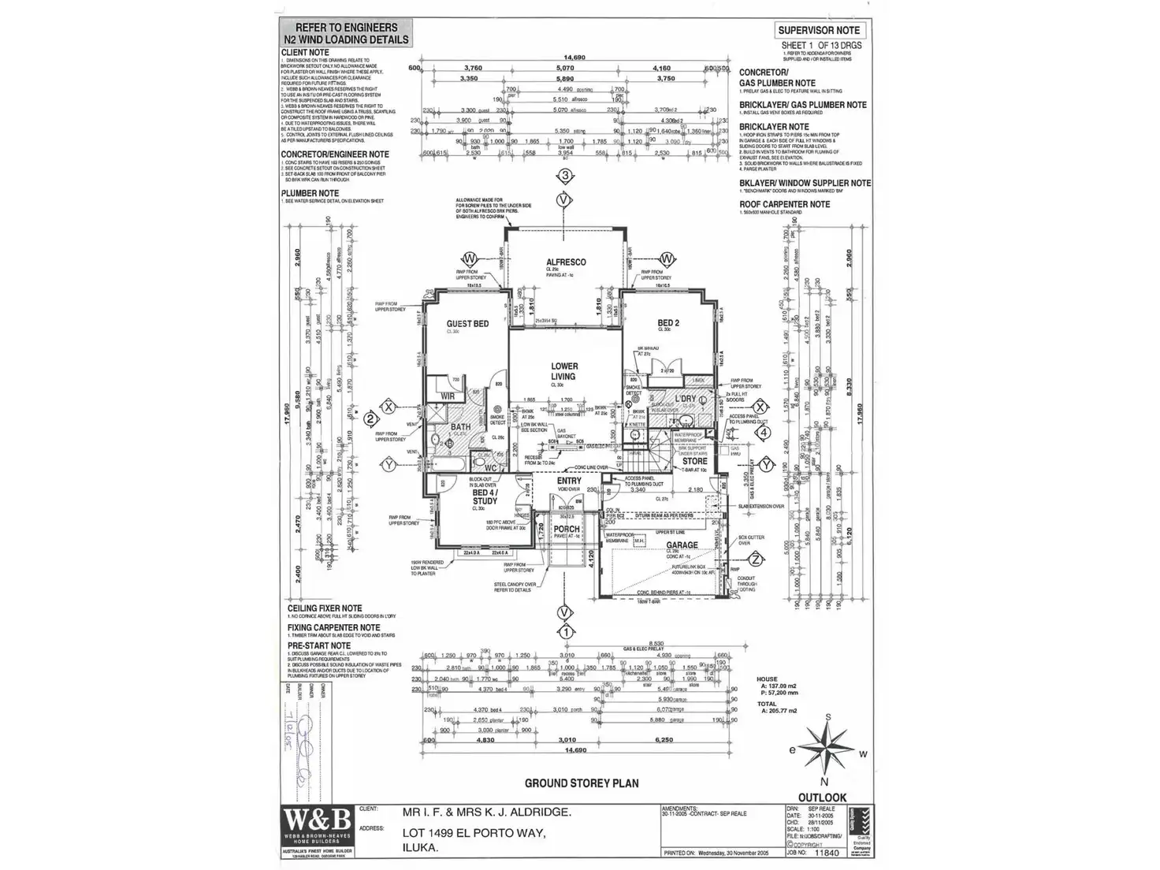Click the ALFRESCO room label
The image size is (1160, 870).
pyautogui.click(x=566, y=262)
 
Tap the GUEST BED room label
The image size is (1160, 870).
pyautogui.click(x=468, y=324)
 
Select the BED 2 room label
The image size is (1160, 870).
pyautogui.click(x=668, y=323)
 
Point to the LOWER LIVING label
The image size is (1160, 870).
pyautogui.click(x=564, y=371)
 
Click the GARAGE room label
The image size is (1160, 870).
pyautogui.click(x=682, y=545)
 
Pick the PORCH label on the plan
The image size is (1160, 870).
pyautogui.click(x=567, y=530)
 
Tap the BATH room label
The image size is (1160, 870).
pyautogui.click(x=460, y=428)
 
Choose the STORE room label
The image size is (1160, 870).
pyautogui.click(x=694, y=462)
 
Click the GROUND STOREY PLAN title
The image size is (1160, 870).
pyautogui.click(x=582, y=783)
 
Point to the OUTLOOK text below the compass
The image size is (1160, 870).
pyautogui.click(x=823, y=797)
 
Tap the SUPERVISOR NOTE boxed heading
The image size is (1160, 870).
pyautogui.click(x=820, y=31)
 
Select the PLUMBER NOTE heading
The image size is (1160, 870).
pyautogui.click(x=310, y=193)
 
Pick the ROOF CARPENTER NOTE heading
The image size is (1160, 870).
pyautogui.click(x=784, y=204)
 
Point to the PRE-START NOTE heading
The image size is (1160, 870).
pyautogui.click(x=319, y=645)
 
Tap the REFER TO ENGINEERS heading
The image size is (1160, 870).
pyautogui.click(x=346, y=28)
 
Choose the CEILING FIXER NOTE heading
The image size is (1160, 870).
pyautogui.click(x=325, y=608)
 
